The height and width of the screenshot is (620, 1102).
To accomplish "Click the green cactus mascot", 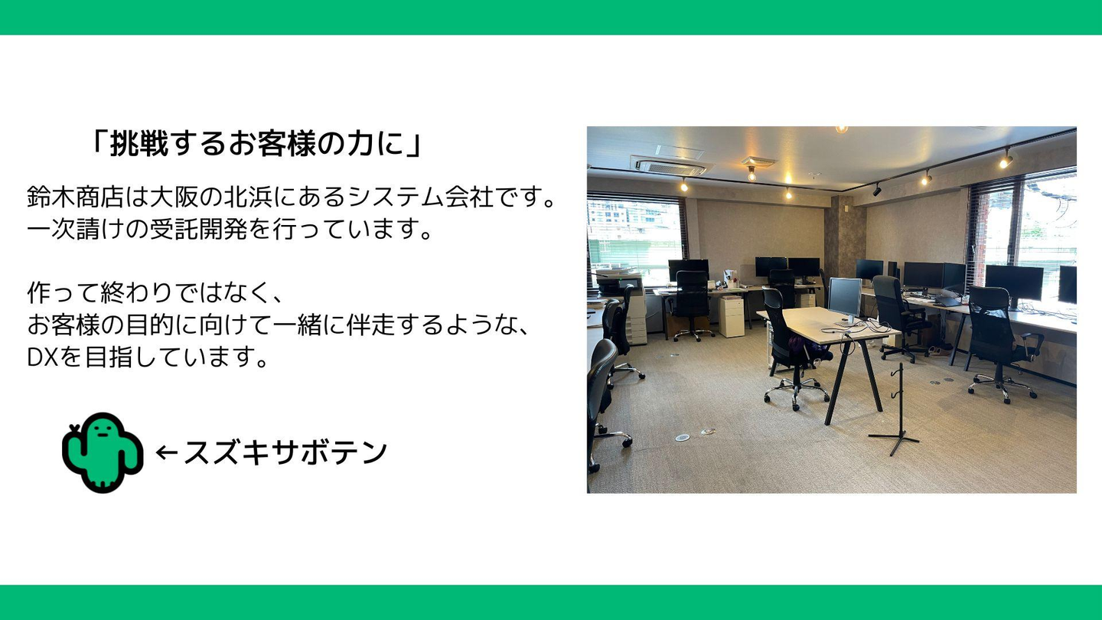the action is coord(103,452).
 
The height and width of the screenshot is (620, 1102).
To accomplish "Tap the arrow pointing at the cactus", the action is coord(166,452).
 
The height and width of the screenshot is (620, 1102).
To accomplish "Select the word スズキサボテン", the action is coord(285,452).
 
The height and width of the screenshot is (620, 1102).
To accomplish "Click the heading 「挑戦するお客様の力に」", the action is coord(256,145).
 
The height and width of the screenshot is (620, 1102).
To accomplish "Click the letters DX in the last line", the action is coord(44,357).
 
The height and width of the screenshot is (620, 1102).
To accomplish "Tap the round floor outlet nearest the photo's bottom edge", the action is coord(682,436).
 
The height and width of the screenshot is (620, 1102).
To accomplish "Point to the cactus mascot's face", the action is coord(102,431).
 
